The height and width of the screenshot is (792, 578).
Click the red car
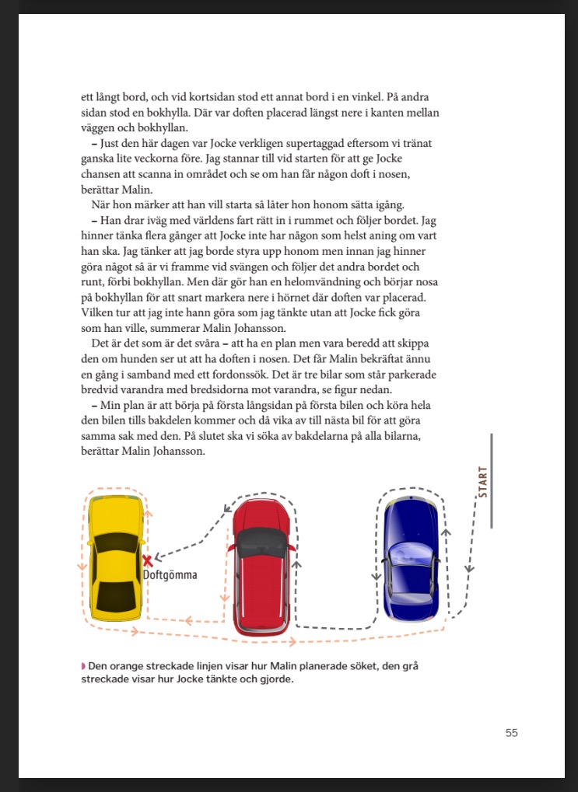[x=263, y=567]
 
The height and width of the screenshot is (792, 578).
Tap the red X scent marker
[x=148, y=560]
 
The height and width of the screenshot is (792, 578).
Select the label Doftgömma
[x=170, y=575]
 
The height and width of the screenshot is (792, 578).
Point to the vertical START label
[x=482, y=482]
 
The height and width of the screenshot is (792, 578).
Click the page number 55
[x=511, y=732]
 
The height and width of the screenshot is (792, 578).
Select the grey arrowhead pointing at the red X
[x=157, y=557]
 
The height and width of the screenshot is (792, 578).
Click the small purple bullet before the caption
[x=83, y=666]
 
